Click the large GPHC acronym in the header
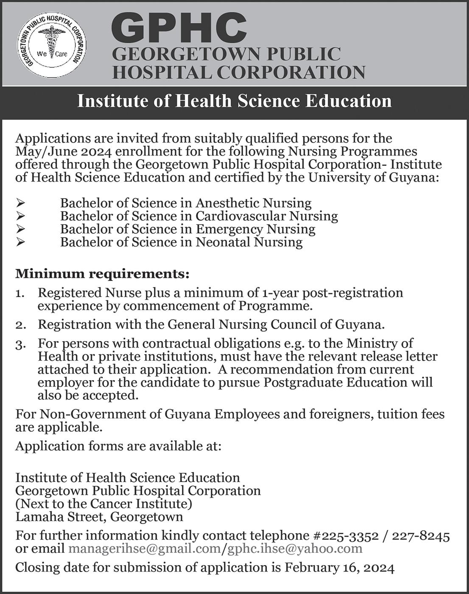pyautogui.click(x=179, y=27)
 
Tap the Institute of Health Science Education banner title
pyautogui.click(x=234, y=101)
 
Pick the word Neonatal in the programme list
pyautogui.click(x=223, y=242)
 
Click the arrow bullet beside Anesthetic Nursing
pyautogui.click(x=21, y=204)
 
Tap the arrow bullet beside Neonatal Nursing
pyautogui.click(x=21, y=243)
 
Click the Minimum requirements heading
pyautogui.click(x=102, y=274)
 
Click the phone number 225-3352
pyautogui.click(x=349, y=536)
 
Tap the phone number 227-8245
pyautogui.click(x=421, y=536)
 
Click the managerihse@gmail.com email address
pyautogui.click(x=144, y=549)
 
